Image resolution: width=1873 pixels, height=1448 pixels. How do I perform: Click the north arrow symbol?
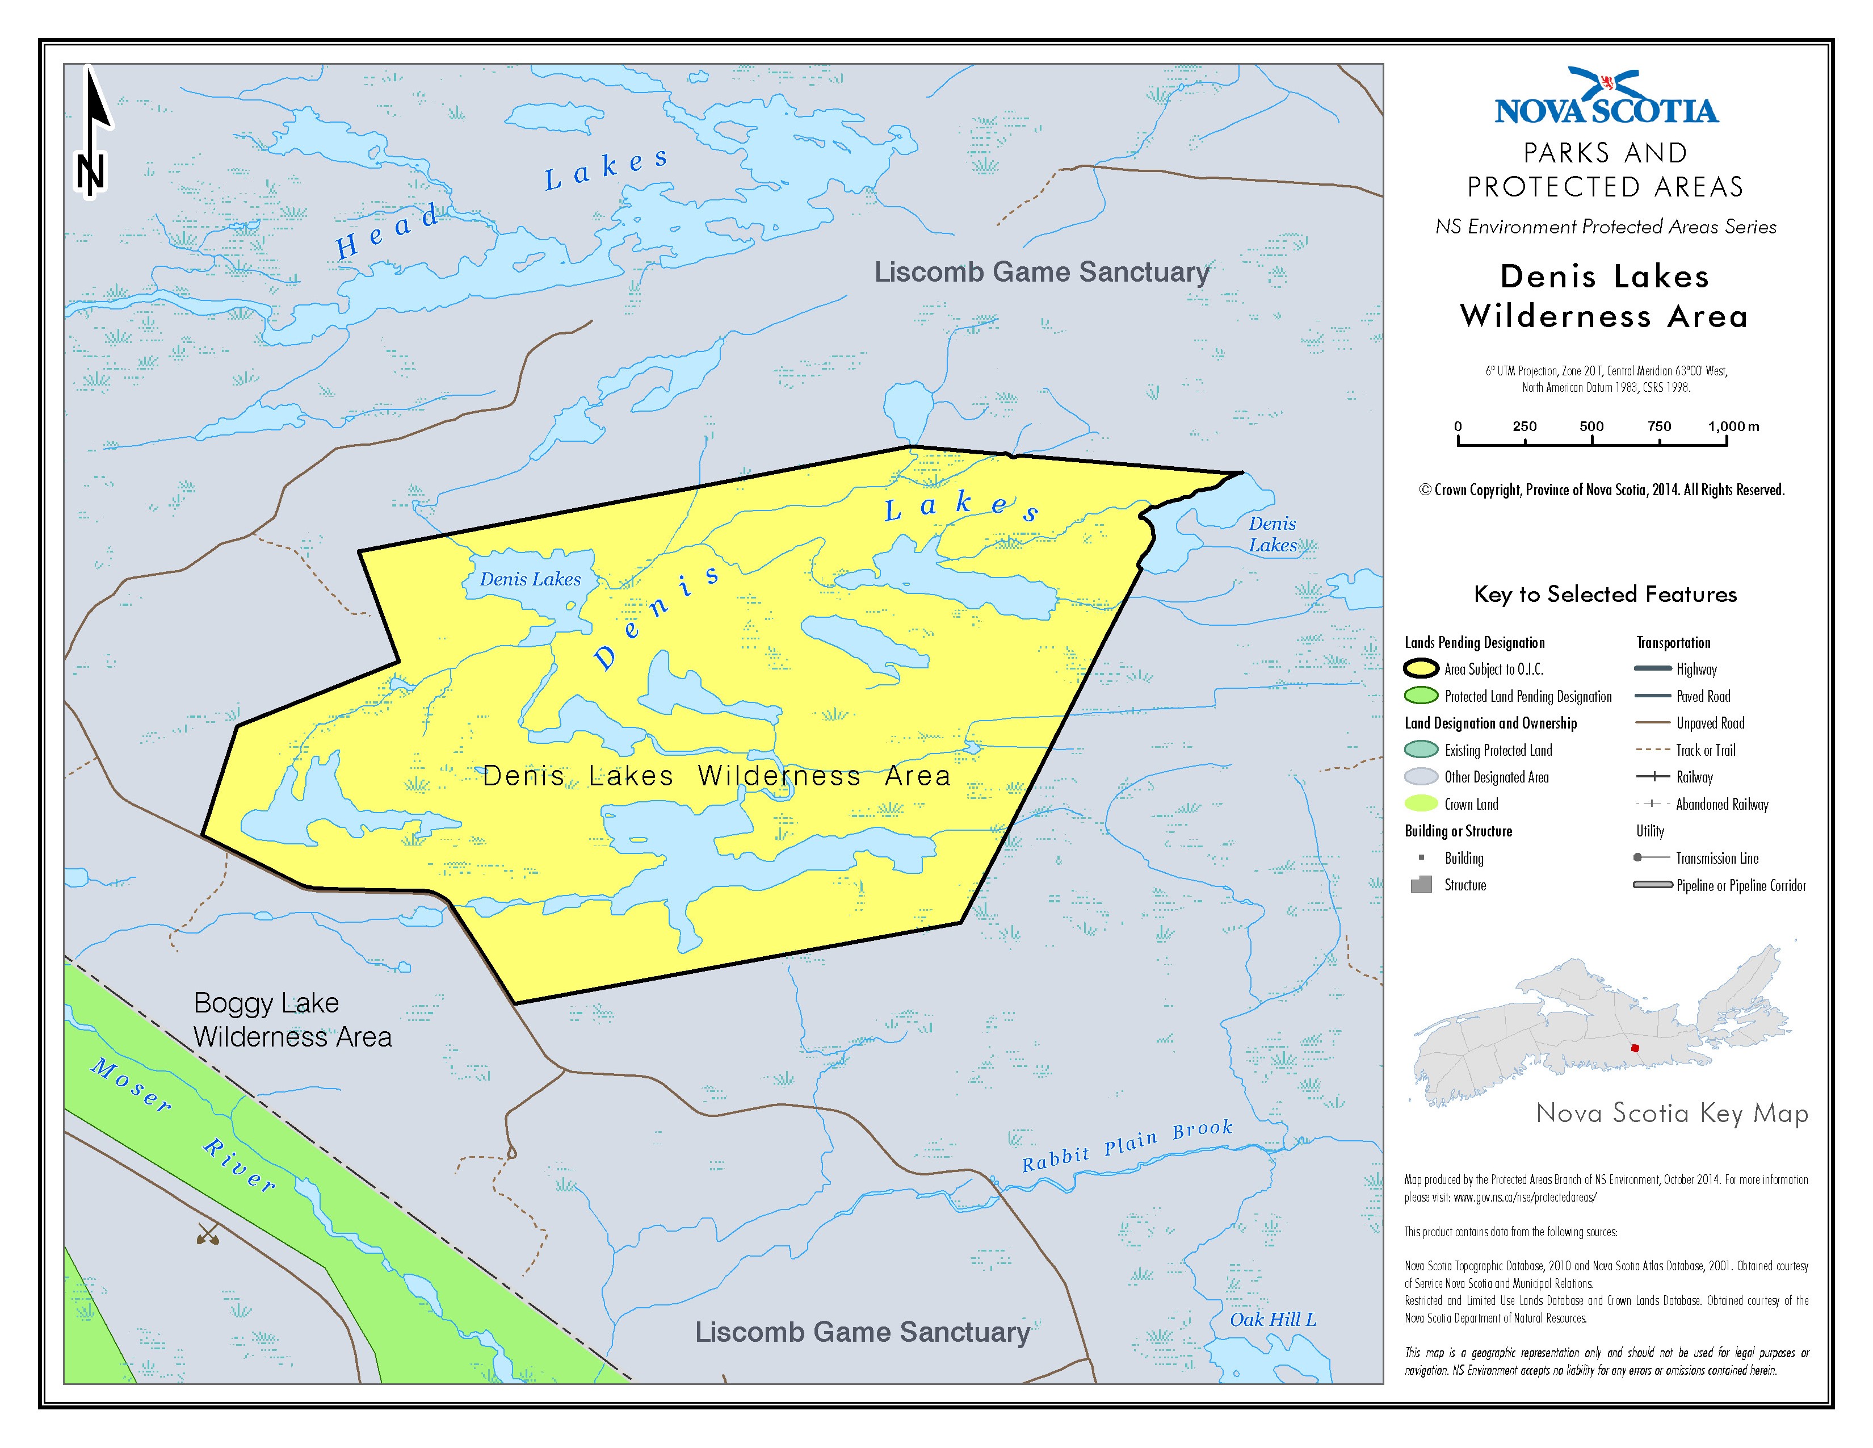(92, 133)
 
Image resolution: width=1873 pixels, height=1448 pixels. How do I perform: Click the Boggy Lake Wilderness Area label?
(292, 1019)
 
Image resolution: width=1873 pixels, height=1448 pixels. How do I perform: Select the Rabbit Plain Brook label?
(1127, 1146)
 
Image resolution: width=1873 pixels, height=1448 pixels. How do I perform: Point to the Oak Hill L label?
(1273, 1319)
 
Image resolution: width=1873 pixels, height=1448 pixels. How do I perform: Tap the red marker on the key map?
(1633, 1048)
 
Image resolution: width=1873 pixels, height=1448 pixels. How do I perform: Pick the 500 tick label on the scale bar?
(1591, 426)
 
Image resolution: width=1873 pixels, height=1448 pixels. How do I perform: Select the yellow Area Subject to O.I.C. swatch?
(1421, 669)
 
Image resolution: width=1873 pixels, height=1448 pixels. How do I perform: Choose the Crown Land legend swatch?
(1421, 803)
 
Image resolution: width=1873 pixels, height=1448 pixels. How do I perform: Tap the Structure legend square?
(1421, 884)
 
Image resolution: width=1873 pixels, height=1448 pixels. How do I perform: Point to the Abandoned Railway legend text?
(1722, 805)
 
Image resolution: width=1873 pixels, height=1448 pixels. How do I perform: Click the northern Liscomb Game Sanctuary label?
(1041, 272)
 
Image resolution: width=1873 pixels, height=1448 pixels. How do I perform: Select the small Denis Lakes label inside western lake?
(530, 580)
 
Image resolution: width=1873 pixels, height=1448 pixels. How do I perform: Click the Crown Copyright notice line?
(1601, 490)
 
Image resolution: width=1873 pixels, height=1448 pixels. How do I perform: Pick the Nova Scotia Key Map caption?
(1672, 1114)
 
